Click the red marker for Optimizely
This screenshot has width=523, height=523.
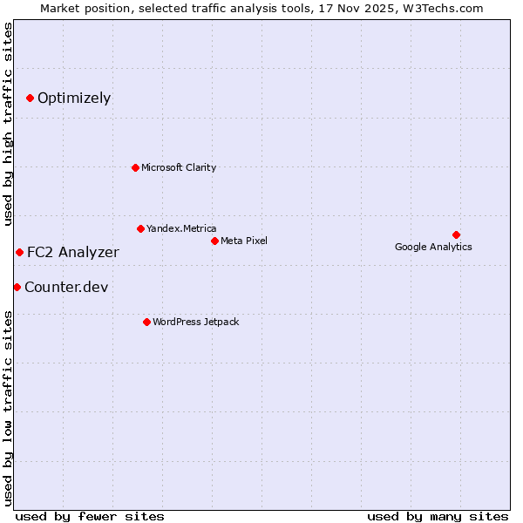click(30, 98)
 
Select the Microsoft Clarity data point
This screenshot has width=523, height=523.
click(135, 167)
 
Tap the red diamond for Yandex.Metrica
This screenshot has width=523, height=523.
click(140, 228)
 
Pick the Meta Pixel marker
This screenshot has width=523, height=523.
click(214, 241)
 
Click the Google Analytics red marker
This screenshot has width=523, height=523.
click(456, 234)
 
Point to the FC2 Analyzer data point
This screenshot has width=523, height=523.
click(19, 252)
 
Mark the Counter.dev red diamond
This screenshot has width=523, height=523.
click(17, 287)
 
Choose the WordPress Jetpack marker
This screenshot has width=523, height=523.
click(146, 322)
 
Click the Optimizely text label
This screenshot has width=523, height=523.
click(74, 98)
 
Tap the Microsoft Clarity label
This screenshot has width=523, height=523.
click(179, 167)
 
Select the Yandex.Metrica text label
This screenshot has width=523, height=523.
click(181, 228)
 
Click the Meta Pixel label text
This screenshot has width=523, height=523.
click(244, 241)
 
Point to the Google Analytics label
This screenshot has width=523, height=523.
click(433, 247)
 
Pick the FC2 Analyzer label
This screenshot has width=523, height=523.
click(72, 252)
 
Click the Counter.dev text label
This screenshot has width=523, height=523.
click(66, 287)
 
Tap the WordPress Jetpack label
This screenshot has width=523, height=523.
click(195, 322)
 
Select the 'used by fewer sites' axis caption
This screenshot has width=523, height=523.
click(90, 516)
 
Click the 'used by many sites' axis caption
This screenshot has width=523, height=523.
click(437, 516)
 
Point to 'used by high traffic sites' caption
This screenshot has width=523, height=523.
click(8, 124)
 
